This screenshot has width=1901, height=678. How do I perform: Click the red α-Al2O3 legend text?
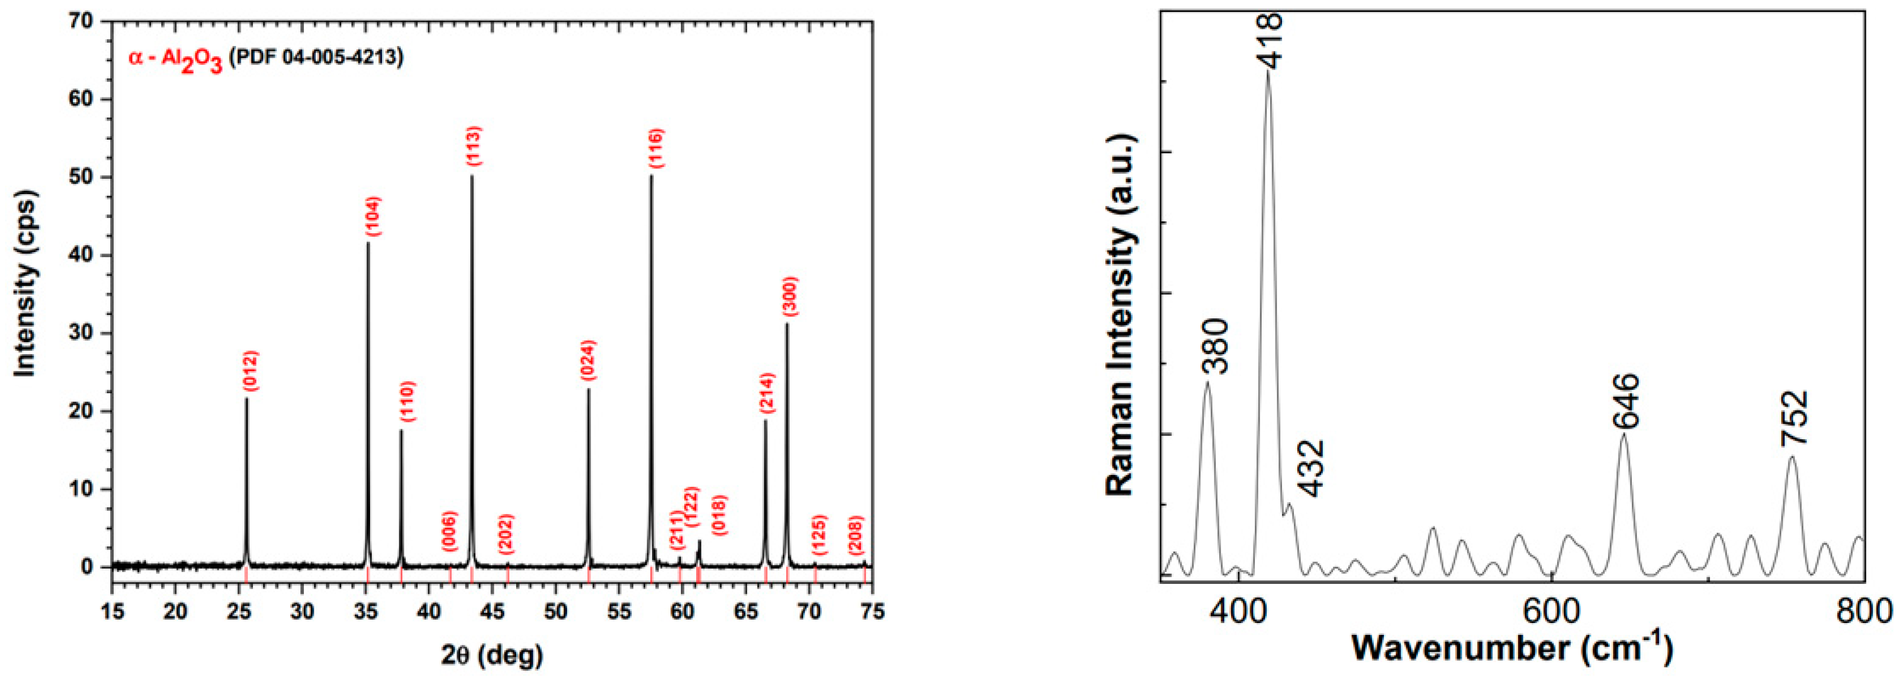point(176,59)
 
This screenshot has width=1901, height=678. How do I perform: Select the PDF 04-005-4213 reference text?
point(316,57)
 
